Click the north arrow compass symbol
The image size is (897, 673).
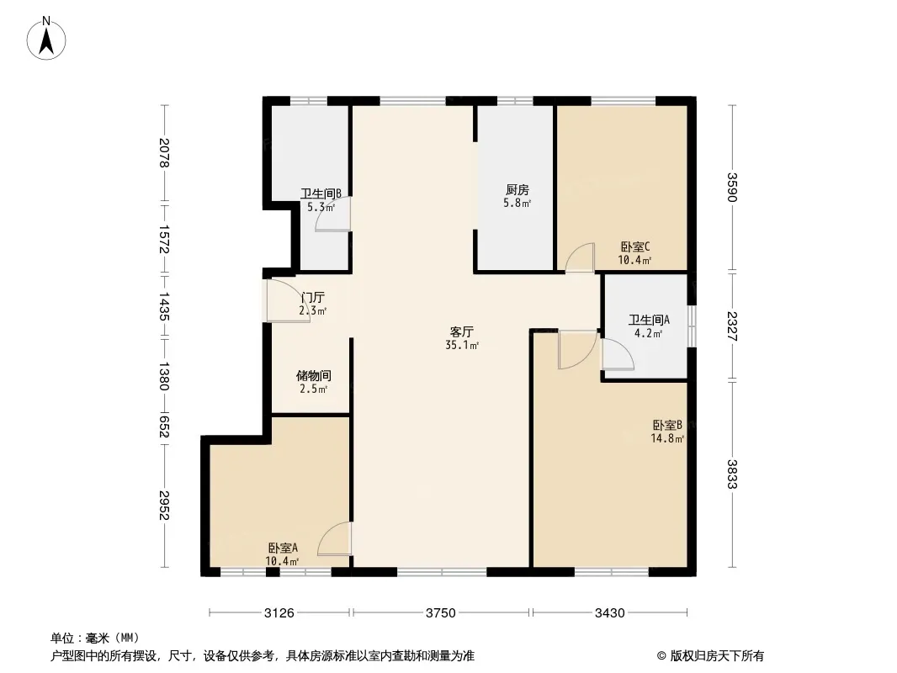coord(46,39)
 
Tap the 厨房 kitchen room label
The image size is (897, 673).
coord(517,190)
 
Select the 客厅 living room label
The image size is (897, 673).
coord(462,332)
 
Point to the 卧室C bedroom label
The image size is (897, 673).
coord(635,247)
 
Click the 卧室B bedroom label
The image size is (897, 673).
coord(667,426)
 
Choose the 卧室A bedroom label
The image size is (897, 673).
coord(284,548)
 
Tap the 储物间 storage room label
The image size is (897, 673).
coord(314,376)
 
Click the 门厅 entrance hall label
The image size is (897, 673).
coord(313,297)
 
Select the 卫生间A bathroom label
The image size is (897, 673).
coord(649,321)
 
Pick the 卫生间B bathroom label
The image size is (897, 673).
coord(321,193)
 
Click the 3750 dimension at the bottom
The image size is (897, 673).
coord(440,613)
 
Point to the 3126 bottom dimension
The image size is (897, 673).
coord(279,613)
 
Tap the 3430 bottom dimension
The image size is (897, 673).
coord(610,613)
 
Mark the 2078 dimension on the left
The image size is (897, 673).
coord(164,153)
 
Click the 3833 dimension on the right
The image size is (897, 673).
coord(732,474)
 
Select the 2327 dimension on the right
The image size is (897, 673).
coord(732,326)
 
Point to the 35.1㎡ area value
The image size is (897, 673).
coord(462,346)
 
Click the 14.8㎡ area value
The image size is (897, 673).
coord(667,438)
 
